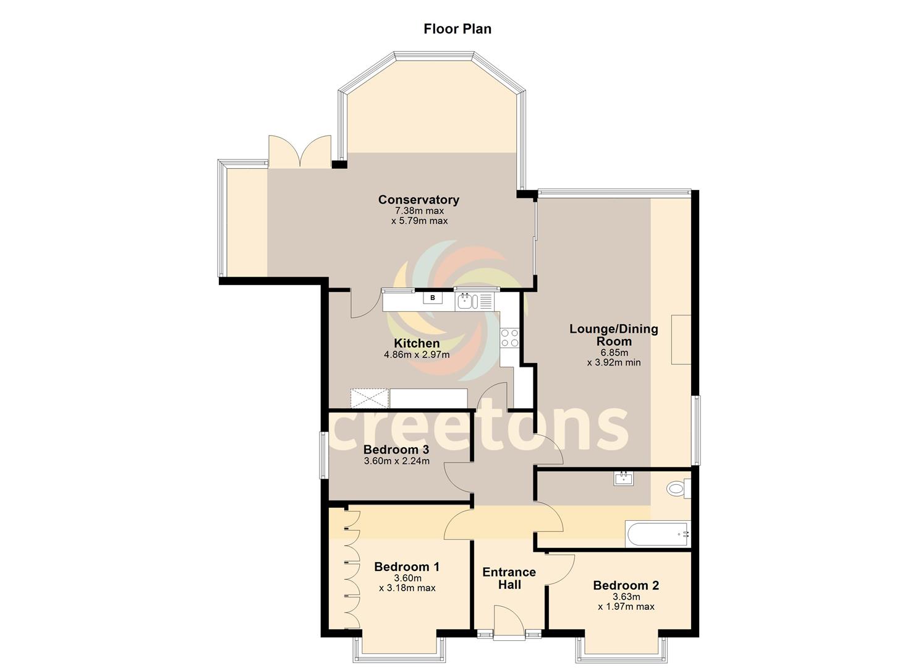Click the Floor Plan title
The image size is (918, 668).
(457, 28)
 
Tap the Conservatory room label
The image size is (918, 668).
(419, 200)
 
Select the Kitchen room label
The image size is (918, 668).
(417, 343)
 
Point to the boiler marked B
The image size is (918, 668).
(433, 298)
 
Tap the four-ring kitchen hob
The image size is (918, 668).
(510, 338)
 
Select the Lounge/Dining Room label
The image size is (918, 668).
(613, 335)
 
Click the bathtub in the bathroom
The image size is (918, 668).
(657, 534)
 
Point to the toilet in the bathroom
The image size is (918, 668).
(678, 489)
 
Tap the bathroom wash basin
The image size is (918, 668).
(624, 478)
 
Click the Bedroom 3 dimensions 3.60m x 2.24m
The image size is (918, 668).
(396, 461)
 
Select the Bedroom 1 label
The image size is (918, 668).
(407, 567)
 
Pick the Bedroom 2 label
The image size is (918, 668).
(626, 585)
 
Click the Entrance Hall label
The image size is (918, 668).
(509, 578)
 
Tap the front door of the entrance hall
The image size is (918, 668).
(509, 622)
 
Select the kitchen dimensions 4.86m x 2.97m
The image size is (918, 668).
(417, 355)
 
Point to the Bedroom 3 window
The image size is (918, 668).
(323, 455)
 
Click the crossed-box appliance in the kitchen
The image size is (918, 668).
(369, 398)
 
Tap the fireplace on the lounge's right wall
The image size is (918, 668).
(681, 339)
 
